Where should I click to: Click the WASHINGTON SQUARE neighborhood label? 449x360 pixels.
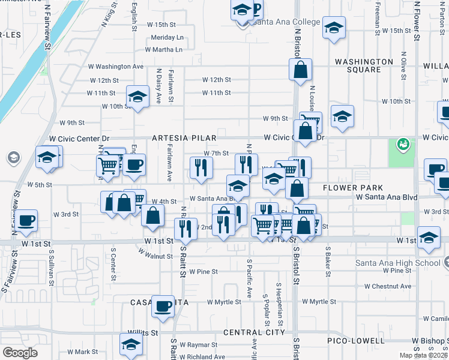coord(364,65)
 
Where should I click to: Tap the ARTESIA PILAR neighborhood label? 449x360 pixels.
coord(184,138)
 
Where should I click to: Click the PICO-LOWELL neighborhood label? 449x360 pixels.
coord(356,341)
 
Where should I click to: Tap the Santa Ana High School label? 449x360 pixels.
coord(393,263)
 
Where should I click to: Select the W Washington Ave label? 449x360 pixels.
coord(116,67)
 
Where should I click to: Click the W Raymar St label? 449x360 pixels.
coord(202,345)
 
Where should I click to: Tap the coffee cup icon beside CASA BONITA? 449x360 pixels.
coord(163,307)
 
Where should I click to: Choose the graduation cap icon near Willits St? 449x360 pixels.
coord(131,344)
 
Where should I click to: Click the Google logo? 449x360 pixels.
coord(20,353)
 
